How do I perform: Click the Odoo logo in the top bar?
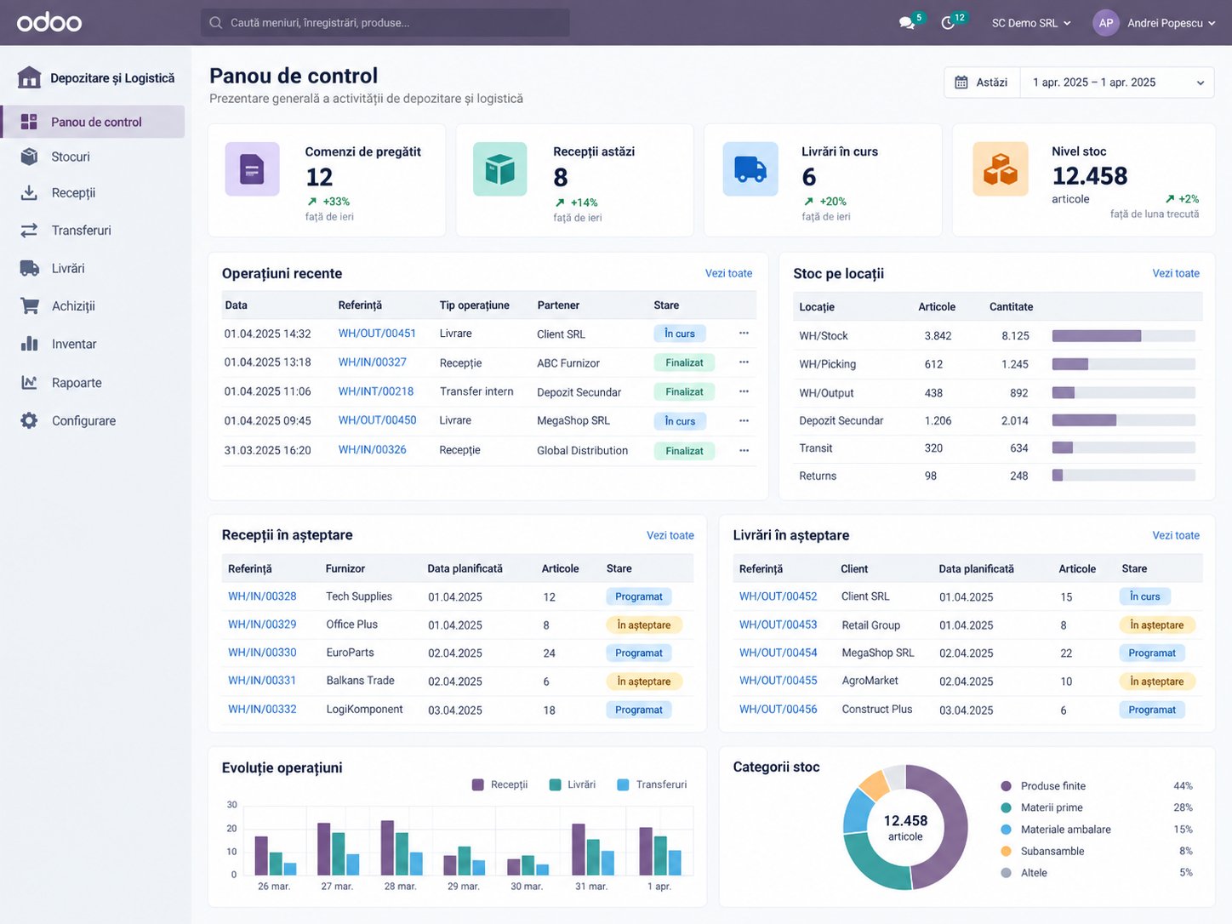49,22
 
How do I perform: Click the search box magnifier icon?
215,22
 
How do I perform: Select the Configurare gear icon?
29,420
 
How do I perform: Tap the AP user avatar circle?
1106,23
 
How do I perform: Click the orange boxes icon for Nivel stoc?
1001,168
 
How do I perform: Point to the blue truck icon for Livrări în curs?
750,168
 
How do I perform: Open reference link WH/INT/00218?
375,391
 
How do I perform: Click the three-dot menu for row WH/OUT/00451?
744,333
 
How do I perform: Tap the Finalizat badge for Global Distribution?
684,450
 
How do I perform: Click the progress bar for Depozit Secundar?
1124,420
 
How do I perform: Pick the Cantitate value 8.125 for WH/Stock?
1015,335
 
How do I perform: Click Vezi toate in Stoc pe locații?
1176,273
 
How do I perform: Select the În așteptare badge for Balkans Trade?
644,681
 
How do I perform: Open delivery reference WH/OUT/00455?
778,681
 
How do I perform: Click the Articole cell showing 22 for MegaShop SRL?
1066,653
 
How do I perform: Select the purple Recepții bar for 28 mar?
387,847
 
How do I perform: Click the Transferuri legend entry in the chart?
652,784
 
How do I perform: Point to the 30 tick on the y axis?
231,805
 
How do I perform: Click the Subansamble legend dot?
1006,851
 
